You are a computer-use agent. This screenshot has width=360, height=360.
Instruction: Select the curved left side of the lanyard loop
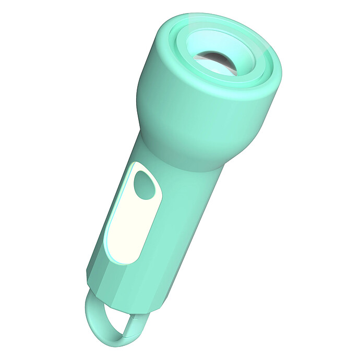[89, 318]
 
